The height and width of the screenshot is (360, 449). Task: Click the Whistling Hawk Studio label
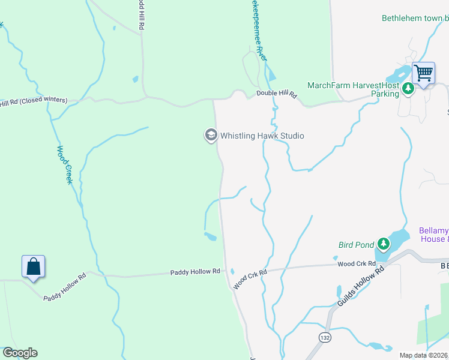262,136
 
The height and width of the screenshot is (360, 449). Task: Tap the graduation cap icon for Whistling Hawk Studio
211,135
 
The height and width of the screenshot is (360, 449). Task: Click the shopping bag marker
34,268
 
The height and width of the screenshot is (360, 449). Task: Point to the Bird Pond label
357,244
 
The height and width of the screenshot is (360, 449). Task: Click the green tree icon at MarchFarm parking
408,89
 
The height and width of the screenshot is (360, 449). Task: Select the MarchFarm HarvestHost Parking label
353,89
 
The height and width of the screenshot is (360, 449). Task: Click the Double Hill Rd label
277,94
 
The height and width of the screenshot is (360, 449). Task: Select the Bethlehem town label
415,18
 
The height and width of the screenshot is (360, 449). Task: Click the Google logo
20,353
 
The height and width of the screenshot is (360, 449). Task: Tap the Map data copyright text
424,355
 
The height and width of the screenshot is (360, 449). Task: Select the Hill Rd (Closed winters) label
34,101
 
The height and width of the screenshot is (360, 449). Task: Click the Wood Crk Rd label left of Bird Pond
357,263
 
